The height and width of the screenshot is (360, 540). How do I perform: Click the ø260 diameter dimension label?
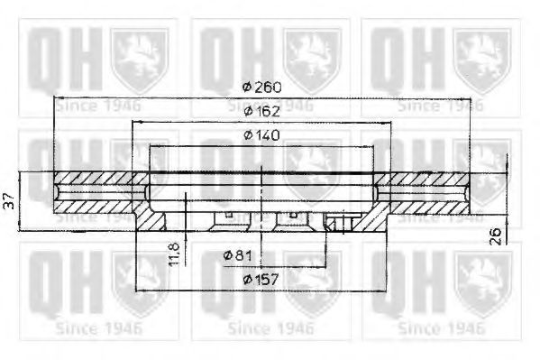click(261, 87)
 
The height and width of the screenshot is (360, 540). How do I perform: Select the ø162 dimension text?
click(261, 111)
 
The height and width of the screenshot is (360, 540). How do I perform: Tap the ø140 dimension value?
click(261, 135)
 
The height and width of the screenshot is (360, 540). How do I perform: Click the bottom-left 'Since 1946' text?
click(97, 328)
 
